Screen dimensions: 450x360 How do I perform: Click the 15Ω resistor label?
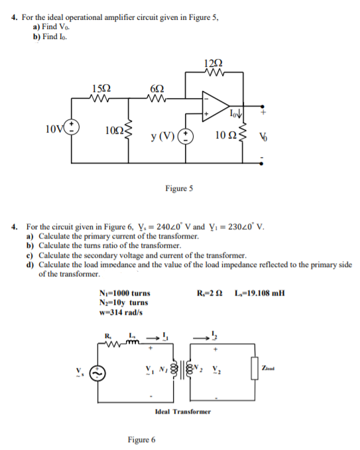coord(101,88)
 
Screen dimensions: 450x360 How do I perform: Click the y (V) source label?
coord(162,137)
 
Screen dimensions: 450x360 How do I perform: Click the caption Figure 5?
coord(179,189)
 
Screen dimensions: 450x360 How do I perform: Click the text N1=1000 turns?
coord(123,293)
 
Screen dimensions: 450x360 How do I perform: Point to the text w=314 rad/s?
coord(120,312)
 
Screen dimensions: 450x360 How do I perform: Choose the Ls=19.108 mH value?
coord(260,293)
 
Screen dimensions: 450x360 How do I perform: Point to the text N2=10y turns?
coord(123,303)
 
